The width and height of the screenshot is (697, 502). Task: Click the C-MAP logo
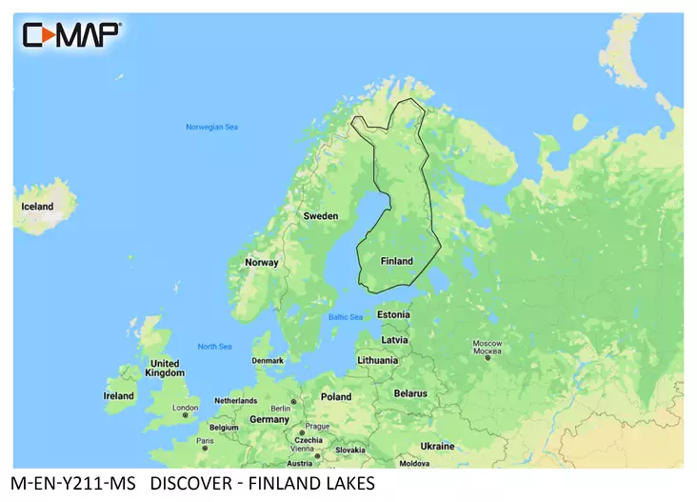[x=71, y=35]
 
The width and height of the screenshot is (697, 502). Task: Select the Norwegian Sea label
[x=211, y=128]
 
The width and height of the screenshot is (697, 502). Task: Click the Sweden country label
[x=320, y=216]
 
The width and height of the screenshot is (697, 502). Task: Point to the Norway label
[x=262, y=263]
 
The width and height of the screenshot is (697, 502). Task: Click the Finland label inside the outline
[x=396, y=261]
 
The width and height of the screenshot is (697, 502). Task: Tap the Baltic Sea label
[x=345, y=317]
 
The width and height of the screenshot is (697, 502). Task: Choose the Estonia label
[x=393, y=314]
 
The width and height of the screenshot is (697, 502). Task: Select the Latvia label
[x=394, y=340]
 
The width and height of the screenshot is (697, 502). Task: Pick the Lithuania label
[x=378, y=361]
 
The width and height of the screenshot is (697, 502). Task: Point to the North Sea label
[x=214, y=347]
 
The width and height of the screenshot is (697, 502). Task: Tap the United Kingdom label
[x=165, y=369]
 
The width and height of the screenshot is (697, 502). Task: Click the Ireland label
[x=118, y=396]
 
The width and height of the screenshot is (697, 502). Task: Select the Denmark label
[x=267, y=361]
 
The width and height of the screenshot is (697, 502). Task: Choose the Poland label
[x=335, y=397]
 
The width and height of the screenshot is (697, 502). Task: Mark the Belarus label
[x=410, y=392]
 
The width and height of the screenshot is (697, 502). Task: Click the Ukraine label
[x=437, y=446]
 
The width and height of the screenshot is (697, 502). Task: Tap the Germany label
[x=269, y=419]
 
